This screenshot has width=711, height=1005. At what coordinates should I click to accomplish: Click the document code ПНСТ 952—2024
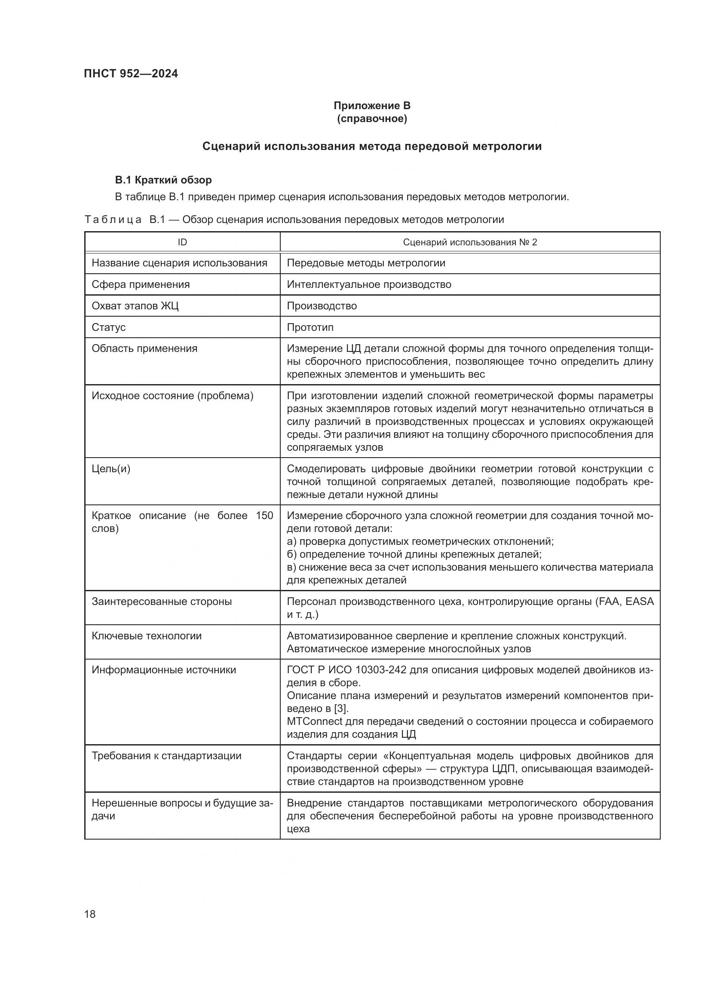pyautogui.click(x=131, y=73)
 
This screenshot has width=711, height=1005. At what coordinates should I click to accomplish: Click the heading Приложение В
pyautogui.click(x=372, y=106)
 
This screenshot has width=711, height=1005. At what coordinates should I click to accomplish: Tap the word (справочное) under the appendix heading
pyautogui.click(x=372, y=119)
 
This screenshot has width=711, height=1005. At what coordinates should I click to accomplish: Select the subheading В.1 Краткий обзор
pyautogui.click(x=163, y=180)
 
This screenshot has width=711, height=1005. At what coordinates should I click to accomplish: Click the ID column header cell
pyautogui.click(x=182, y=242)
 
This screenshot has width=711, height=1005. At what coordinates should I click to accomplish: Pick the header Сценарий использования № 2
pyautogui.click(x=469, y=242)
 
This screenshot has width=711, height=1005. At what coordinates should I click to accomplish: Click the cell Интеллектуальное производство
pyautogui.click(x=369, y=284)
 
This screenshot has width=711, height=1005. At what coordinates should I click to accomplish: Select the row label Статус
pyautogui.click(x=109, y=327)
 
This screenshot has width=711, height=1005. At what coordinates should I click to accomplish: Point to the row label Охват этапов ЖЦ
pyautogui.click(x=135, y=306)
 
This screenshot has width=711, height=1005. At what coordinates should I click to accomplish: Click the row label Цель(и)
pyautogui.click(x=111, y=469)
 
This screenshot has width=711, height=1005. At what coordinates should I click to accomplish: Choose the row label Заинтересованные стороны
pyautogui.click(x=162, y=602)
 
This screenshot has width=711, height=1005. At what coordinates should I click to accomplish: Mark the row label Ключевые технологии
pyautogui.click(x=146, y=635)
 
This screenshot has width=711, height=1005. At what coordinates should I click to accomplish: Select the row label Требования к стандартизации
pyautogui.click(x=166, y=755)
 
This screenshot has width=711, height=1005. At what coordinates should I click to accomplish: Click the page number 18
pyautogui.click(x=90, y=914)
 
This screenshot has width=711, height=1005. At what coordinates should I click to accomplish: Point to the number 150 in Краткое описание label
pyautogui.click(x=264, y=516)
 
